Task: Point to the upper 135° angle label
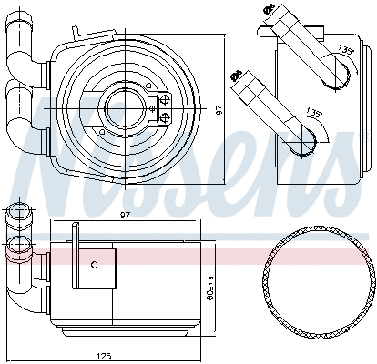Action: coord(345,49)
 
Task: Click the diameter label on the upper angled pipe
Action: coord(269,12)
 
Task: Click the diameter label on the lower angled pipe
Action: coord(237,73)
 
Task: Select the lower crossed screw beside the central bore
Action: coord(165,117)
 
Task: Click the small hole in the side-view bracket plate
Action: coord(94,264)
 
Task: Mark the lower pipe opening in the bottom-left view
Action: coord(15,245)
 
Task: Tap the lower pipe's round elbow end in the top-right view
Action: coord(308,136)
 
